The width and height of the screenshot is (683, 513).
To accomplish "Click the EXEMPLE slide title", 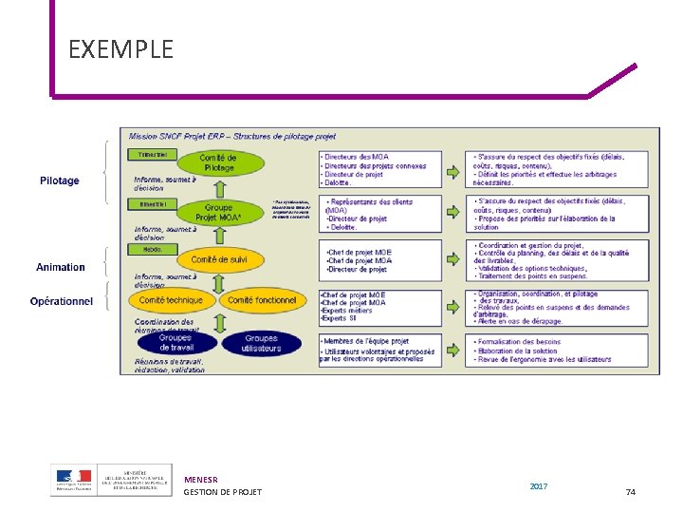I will (x=120, y=48).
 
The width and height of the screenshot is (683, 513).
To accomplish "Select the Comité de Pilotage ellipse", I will (x=218, y=162).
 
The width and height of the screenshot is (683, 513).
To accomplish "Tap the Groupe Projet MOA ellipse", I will (x=218, y=212).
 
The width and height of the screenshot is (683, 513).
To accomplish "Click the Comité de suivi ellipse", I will (x=218, y=259).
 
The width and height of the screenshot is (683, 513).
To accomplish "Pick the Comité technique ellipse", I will (x=172, y=300).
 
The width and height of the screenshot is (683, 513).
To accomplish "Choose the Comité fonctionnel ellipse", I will (x=262, y=300).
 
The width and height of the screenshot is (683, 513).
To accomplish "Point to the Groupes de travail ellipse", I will (x=175, y=343).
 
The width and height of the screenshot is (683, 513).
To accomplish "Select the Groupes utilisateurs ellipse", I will (x=261, y=343).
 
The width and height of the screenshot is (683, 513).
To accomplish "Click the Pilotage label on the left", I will (x=60, y=180).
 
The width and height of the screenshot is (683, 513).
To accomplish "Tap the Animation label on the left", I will (x=61, y=267).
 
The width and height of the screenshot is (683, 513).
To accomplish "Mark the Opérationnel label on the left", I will (x=62, y=301).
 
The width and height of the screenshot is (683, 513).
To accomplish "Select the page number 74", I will (x=631, y=491).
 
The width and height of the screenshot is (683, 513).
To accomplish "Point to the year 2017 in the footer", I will (x=538, y=486).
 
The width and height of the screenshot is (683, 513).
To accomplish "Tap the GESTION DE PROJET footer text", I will (x=223, y=491).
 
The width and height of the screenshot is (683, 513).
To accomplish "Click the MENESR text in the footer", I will (x=201, y=480).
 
